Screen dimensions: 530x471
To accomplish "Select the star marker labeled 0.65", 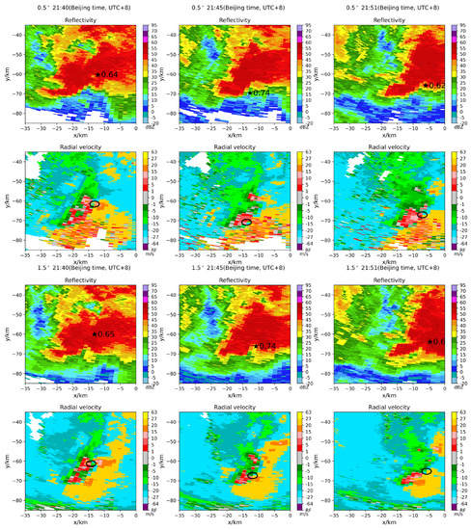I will tap(95, 333).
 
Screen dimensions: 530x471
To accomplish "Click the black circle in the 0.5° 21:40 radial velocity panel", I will tap(94, 203).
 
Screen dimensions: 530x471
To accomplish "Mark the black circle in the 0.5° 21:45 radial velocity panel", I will tap(247, 223).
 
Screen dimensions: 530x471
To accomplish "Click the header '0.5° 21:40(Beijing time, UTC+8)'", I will tap(78, 5).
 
